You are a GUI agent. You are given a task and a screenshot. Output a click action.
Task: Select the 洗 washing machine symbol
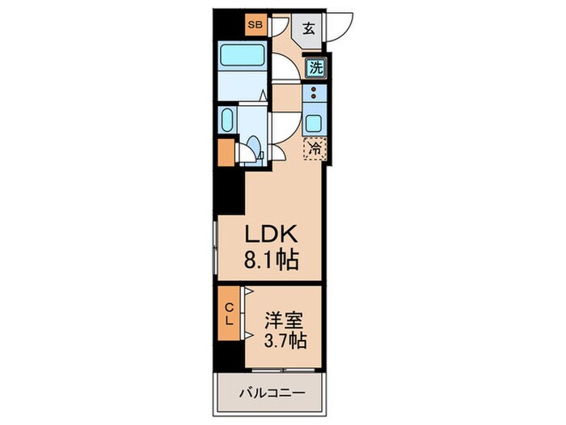315,69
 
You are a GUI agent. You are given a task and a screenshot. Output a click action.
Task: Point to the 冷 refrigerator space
315,148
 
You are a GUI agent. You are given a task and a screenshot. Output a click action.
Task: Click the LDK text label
272,235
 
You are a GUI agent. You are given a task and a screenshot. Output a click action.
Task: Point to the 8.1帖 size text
272,260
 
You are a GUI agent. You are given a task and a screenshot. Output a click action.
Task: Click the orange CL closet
229,313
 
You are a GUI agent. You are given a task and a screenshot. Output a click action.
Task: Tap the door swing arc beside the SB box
279,26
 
